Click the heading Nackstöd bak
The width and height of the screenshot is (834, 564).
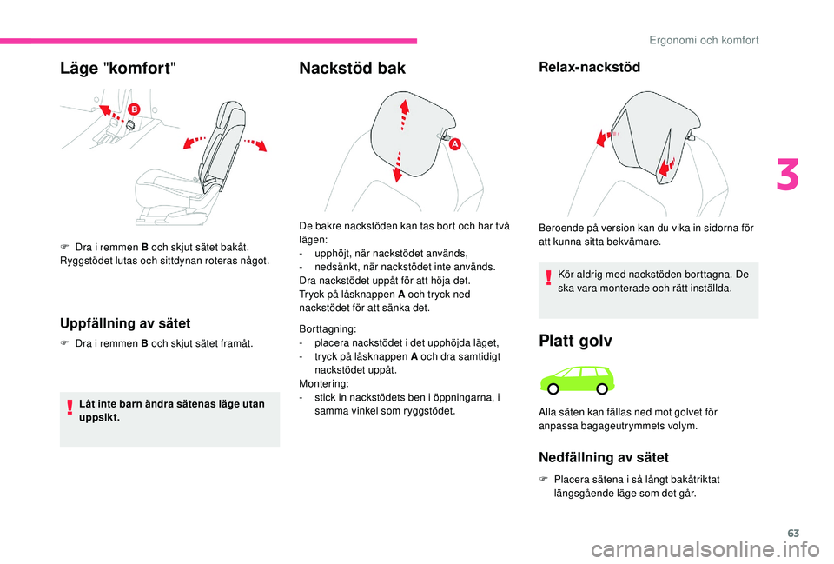pyautogui.click(x=352, y=69)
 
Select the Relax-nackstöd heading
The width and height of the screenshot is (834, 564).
pyautogui.click(x=589, y=67)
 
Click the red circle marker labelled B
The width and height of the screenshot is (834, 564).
pyautogui.click(x=135, y=110)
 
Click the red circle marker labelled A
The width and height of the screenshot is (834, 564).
pyautogui.click(x=453, y=145)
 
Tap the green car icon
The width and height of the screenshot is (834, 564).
pyautogui.click(x=576, y=379)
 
